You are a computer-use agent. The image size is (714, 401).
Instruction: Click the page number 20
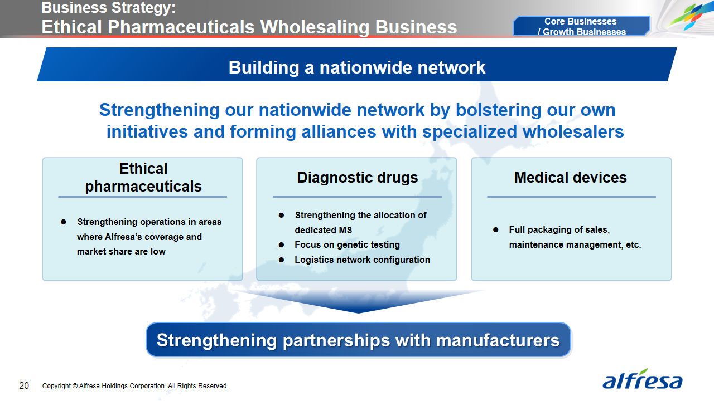(24, 385)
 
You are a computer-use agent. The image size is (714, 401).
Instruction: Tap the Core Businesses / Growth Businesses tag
(581, 26)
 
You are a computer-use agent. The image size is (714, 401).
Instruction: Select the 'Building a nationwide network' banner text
(357, 67)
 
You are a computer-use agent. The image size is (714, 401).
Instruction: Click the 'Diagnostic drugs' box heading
(357, 178)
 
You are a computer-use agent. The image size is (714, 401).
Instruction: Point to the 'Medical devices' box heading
(570, 178)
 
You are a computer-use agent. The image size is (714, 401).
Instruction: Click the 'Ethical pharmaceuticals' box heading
(143, 178)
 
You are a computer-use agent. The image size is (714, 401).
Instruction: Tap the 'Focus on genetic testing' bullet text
(347, 244)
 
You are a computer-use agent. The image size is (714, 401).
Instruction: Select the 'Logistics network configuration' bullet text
(362, 260)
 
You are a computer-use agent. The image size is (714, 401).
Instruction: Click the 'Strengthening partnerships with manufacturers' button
(358, 340)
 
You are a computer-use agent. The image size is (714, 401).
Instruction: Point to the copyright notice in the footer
(135, 386)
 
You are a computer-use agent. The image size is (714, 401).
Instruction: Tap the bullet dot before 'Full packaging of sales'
(496, 230)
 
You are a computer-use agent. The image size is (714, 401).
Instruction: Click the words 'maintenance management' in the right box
(559, 244)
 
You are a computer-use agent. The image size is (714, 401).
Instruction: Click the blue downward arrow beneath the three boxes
(358, 301)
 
